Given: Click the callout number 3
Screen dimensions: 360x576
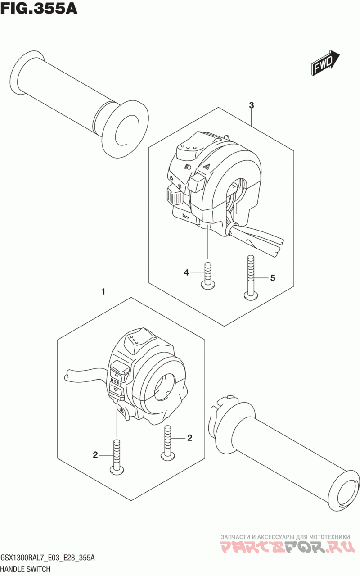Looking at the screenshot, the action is tap(251, 105).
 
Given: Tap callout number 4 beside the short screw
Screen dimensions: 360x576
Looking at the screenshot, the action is tap(186, 272).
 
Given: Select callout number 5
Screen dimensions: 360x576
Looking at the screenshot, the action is tap(273, 278).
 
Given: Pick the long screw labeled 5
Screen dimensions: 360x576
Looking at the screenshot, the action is tap(251, 277).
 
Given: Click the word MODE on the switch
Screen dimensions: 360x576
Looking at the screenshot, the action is tap(117, 387).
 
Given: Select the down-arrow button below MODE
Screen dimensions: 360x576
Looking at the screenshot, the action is tap(117, 397).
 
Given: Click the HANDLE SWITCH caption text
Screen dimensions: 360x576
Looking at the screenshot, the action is tap(26, 569).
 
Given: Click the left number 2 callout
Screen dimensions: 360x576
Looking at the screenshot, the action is tap(95, 455).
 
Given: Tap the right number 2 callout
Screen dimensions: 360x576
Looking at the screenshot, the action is tap(189, 438).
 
